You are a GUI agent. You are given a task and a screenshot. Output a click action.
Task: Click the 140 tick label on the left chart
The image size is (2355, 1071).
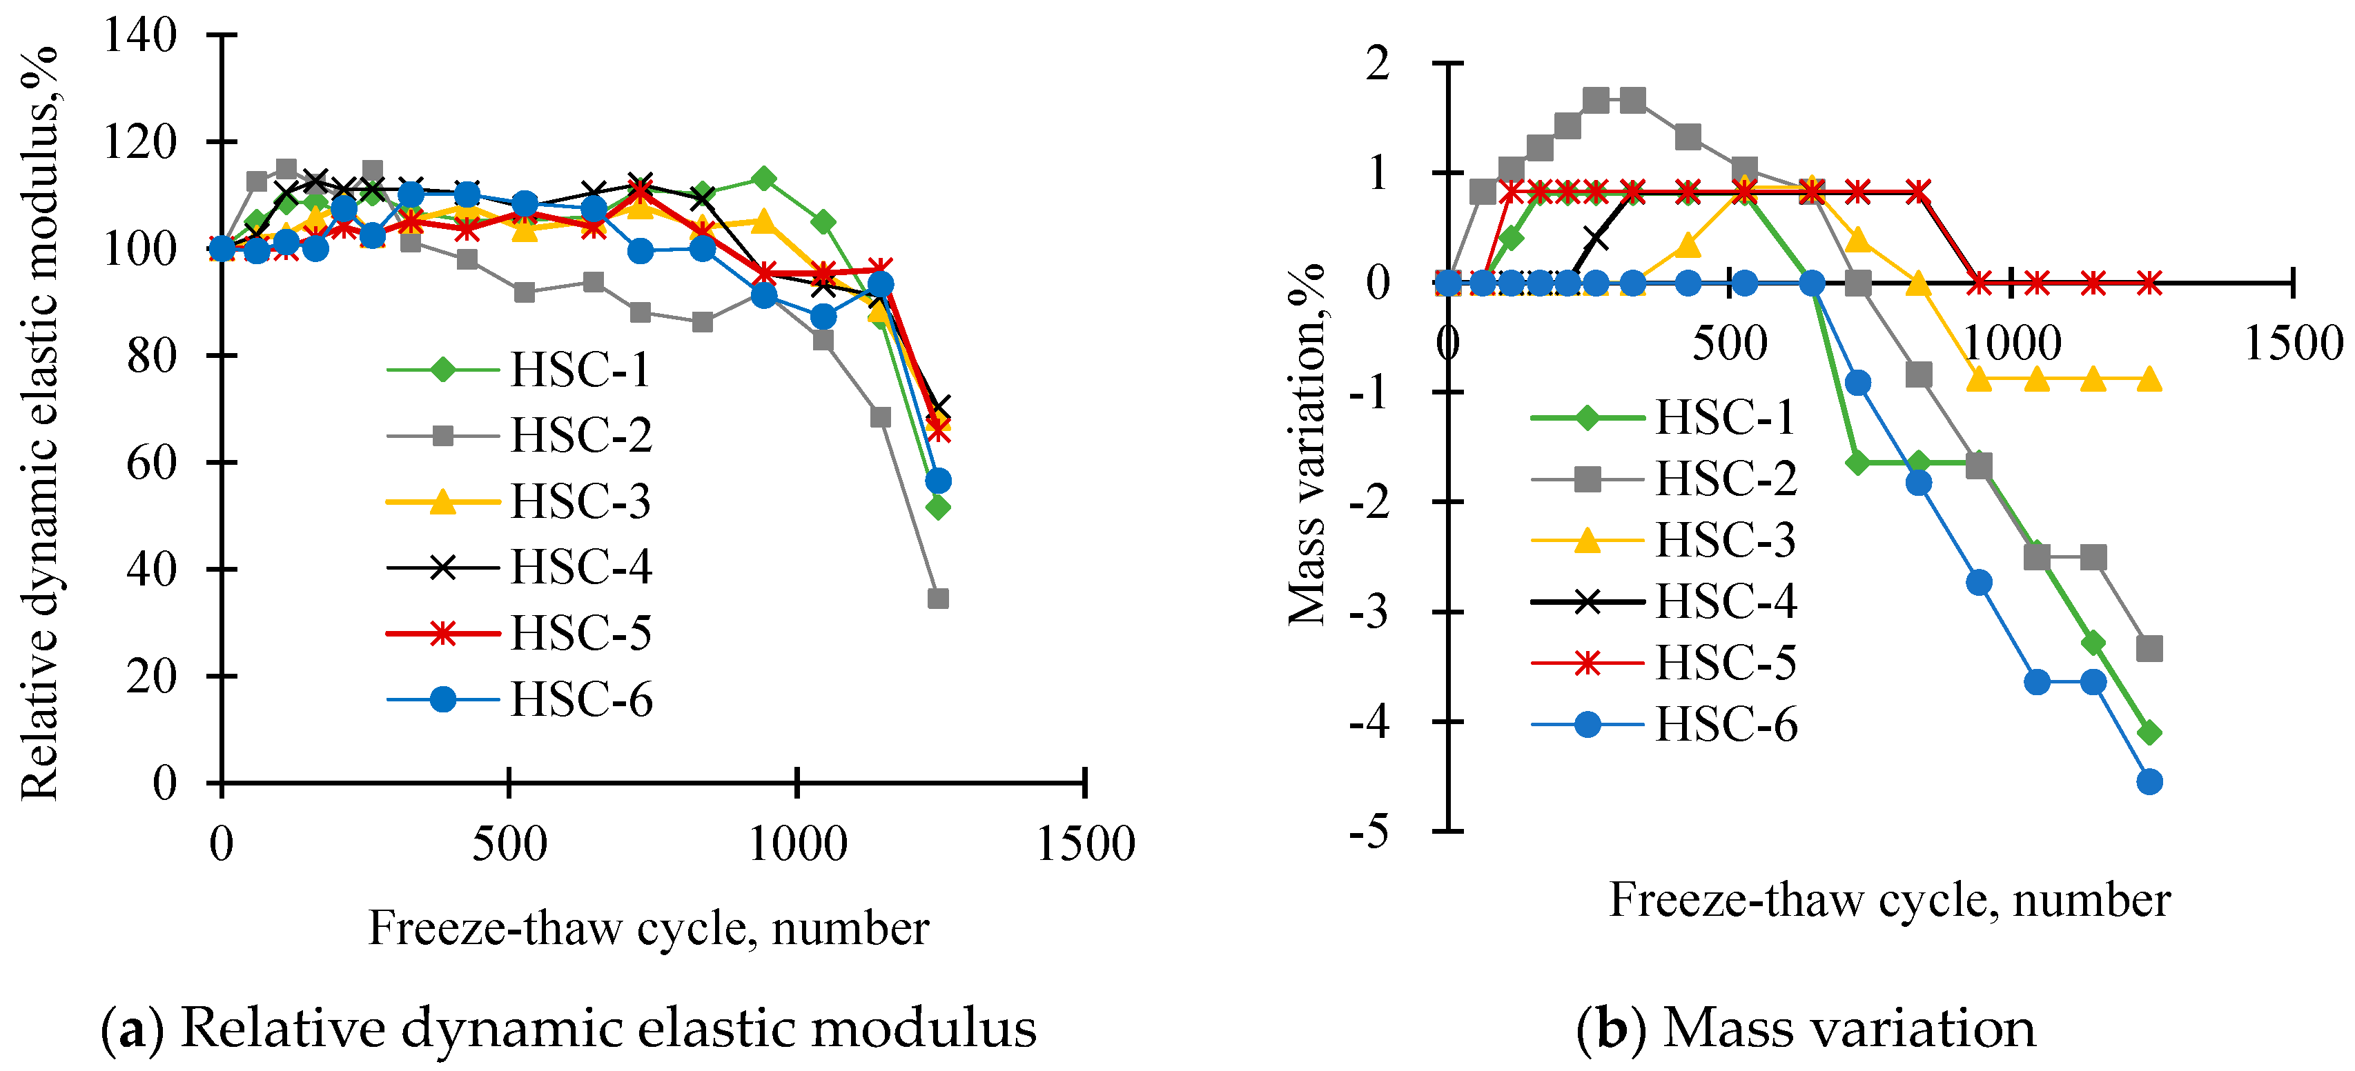tap(139, 37)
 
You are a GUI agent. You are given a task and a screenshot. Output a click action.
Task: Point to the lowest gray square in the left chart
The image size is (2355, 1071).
tap(938, 599)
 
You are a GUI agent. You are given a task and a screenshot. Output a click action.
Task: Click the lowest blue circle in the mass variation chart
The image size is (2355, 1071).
tap(2149, 781)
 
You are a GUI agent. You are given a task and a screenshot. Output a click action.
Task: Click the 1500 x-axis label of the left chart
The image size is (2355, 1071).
tap(1084, 843)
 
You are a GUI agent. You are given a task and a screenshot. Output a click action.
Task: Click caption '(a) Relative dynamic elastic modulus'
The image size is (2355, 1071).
tap(568, 1028)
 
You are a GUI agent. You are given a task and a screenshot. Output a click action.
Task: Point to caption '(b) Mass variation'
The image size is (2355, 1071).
tap(1806, 1028)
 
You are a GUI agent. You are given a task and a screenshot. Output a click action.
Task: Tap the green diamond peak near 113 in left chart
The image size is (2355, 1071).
tap(764, 178)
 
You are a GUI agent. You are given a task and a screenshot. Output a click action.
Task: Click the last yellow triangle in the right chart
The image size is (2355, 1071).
tap(2149, 379)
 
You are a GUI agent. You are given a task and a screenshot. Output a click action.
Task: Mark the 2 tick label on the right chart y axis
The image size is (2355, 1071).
tap(1376, 64)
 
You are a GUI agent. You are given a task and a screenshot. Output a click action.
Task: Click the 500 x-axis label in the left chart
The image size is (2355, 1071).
tap(508, 843)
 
